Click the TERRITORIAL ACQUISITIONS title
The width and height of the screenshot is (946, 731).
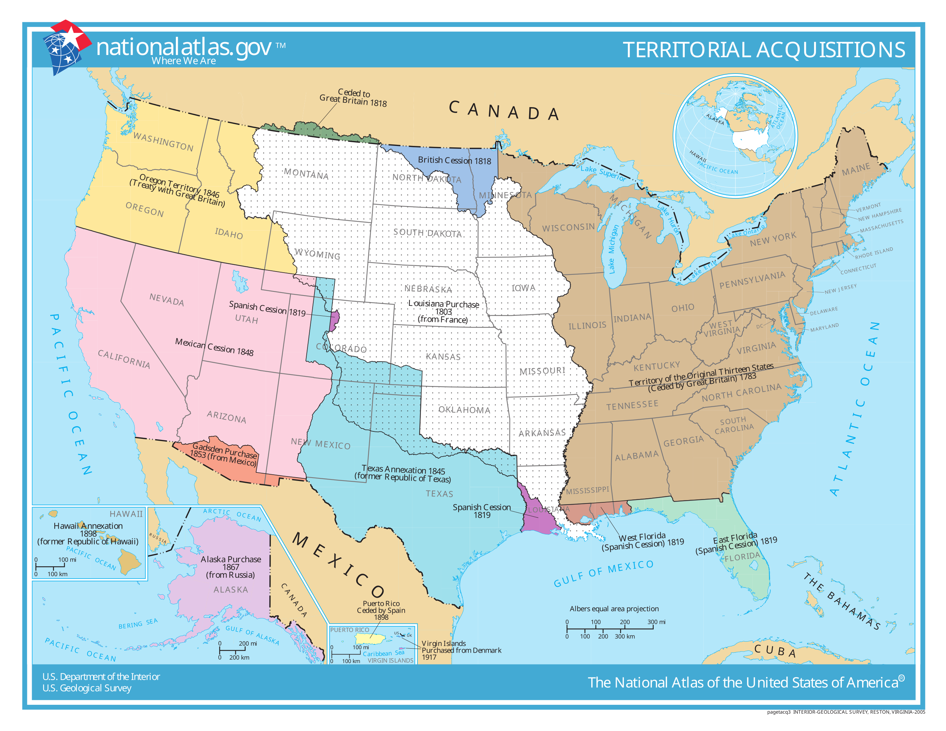764,50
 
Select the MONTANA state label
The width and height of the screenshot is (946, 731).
306,174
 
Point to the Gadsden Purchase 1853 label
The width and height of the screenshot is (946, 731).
224,454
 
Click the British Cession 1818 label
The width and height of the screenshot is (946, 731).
455,161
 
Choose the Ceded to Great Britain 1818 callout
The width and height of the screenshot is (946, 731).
353,98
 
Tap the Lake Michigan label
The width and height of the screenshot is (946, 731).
612,249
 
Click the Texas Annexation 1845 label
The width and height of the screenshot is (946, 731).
403,474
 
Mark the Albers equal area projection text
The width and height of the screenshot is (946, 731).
614,608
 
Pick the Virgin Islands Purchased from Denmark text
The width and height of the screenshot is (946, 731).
461,650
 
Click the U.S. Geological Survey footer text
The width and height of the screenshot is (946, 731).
86,688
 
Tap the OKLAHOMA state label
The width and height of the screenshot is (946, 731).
464,410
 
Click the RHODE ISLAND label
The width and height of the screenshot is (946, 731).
874,253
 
